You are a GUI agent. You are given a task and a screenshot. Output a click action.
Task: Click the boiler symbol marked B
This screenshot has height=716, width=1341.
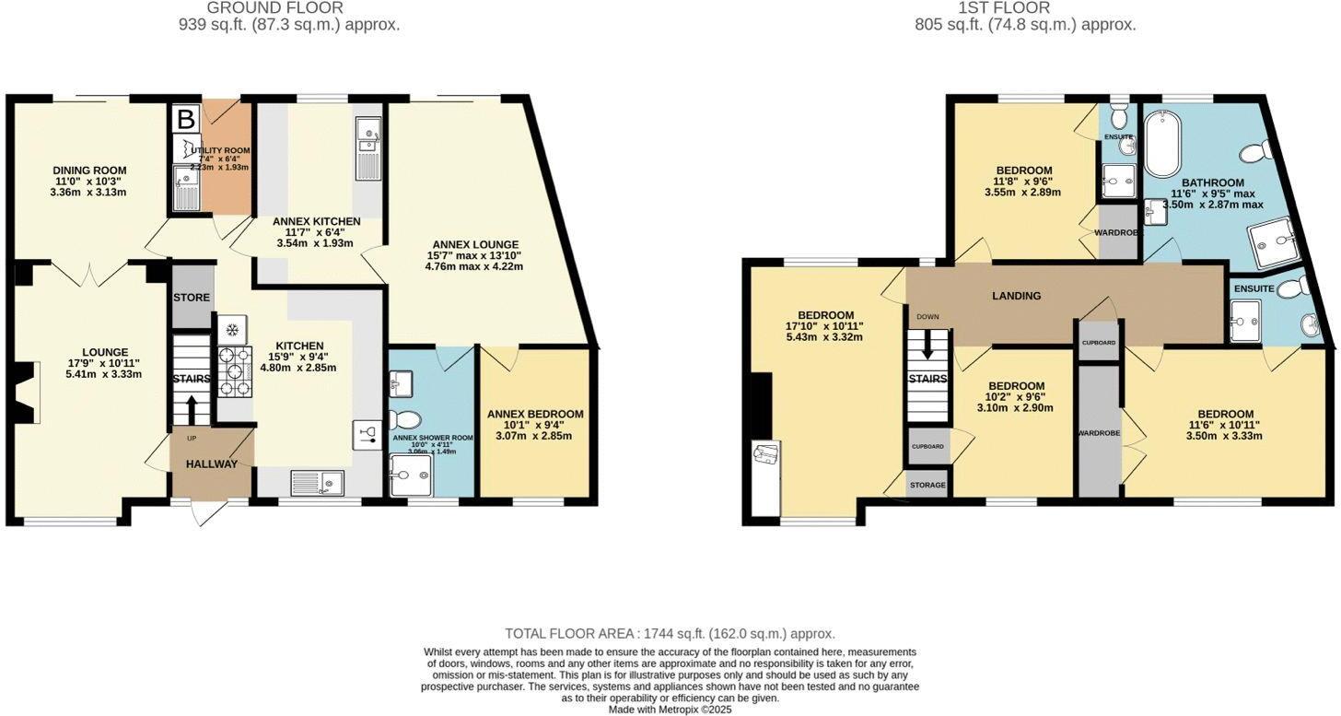pyautogui.click(x=185, y=118)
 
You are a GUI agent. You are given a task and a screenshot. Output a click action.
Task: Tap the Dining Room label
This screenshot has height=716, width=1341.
pyautogui.click(x=89, y=170)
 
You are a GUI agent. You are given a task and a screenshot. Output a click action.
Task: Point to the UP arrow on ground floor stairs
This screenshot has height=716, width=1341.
pyautogui.click(x=192, y=410)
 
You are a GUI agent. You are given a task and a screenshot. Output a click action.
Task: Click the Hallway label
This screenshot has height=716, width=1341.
pyautogui.click(x=212, y=464)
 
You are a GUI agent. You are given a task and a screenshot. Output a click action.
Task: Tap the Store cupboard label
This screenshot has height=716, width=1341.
pyautogui.click(x=192, y=298)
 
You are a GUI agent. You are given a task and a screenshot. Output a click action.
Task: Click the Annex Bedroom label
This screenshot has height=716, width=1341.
pyautogui.click(x=534, y=414)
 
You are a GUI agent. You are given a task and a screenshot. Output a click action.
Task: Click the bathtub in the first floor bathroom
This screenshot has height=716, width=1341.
pyautogui.click(x=1161, y=144)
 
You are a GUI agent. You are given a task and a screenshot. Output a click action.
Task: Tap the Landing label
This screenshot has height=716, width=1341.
pyautogui.click(x=1016, y=296)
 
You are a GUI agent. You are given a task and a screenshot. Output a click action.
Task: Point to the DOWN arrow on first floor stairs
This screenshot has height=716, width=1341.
pyautogui.click(x=927, y=347)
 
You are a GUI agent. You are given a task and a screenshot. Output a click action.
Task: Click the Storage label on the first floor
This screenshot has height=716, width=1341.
pyautogui.click(x=927, y=485)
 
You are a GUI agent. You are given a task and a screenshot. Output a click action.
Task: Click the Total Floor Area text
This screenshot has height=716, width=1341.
pyautogui.click(x=670, y=634)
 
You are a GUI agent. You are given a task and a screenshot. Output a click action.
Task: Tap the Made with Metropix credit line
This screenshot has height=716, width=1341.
pyautogui.click(x=670, y=710)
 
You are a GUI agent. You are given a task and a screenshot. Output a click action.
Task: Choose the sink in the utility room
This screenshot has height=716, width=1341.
pyautogui.click(x=185, y=190)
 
